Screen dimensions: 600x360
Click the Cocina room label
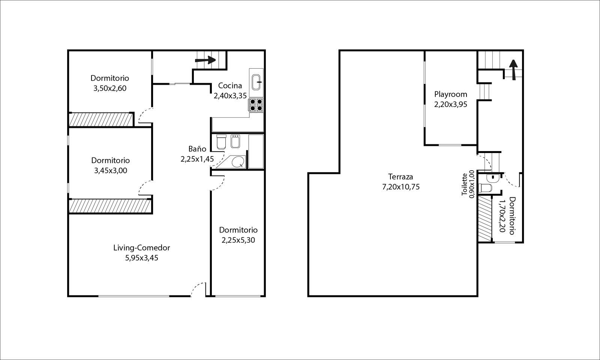pyautogui.click(x=230, y=86)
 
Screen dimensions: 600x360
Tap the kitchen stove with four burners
pyautogui.click(x=256, y=105)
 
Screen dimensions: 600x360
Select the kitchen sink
pyautogui.click(x=256, y=82)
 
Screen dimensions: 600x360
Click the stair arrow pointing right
pyautogui.click(x=205, y=60)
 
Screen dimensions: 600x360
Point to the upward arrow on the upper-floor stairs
pyautogui.click(x=513, y=70)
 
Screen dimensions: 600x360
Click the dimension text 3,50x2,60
pyautogui.click(x=110, y=88)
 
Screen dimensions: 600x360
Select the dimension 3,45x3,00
pyautogui.click(x=110, y=171)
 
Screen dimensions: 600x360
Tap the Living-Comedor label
pyautogui.click(x=141, y=248)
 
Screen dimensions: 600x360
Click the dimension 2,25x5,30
pyautogui.click(x=238, y=240)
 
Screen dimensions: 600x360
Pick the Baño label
pyautogui.click(x=197, y=149)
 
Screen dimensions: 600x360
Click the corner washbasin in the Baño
pyautogui.click(x=237, y=162)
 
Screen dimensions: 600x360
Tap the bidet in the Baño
pyautogui.click(x=235, y=141)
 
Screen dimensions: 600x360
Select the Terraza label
pyautogui.click(x=401, y=177)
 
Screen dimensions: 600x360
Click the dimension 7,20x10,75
pyautogui.click(x=401, y=187)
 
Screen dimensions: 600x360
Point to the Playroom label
pyautogui.click(x=450, y=94)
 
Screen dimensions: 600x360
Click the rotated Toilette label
pyautogui.click(x=465, y=184)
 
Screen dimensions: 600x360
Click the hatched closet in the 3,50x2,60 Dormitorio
pyautogui.click(x=101, y=120)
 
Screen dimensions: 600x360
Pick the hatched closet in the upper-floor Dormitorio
pyautogui.click(x=485, y=218)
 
